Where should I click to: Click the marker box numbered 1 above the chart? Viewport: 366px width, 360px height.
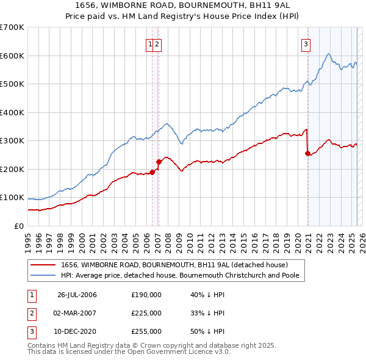tap(149, 43)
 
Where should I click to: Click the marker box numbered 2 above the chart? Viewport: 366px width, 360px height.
tap(157, 43)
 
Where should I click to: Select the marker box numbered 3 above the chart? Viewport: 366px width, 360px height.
tap(305, 43)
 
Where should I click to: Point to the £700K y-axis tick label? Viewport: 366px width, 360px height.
tap(12, 27)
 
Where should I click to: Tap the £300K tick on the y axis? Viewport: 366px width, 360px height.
tap(12, 141)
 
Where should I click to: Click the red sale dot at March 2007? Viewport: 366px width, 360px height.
tap(159, 162)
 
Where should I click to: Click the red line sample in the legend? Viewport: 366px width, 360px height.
tap(43, 265)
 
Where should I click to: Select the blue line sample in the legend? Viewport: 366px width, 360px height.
tap(43, 275)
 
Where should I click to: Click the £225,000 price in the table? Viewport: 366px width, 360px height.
tap(146, 313)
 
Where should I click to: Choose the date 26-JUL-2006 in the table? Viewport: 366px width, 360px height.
tap(77, 295)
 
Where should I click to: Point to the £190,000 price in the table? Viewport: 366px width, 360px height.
tap(146, 295)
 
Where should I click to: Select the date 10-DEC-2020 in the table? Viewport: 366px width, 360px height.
tap(77, 331)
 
